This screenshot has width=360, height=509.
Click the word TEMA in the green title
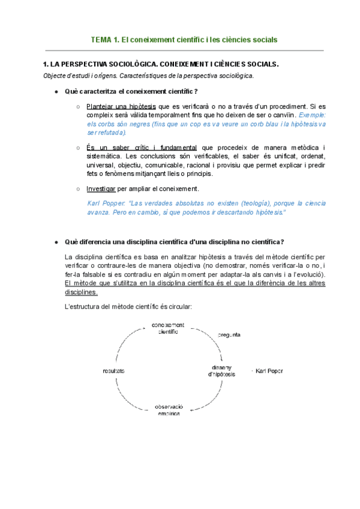pos(100,40)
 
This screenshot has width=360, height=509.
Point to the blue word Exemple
pos(312,115)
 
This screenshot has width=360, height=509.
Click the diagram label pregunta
pos(229,334)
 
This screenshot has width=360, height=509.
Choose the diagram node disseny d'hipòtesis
pos(221,371)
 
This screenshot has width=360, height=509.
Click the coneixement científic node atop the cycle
pos(169,329)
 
